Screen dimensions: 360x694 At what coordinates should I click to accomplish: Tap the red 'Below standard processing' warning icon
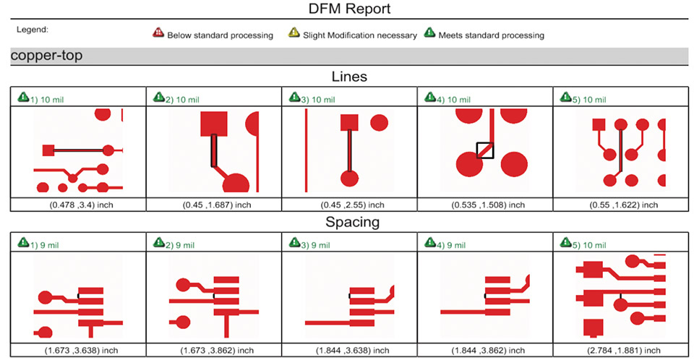point(158,33)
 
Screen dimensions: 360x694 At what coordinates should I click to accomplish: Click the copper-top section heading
point(47,56)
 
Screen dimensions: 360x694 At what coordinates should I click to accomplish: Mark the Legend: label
point(33,30)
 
